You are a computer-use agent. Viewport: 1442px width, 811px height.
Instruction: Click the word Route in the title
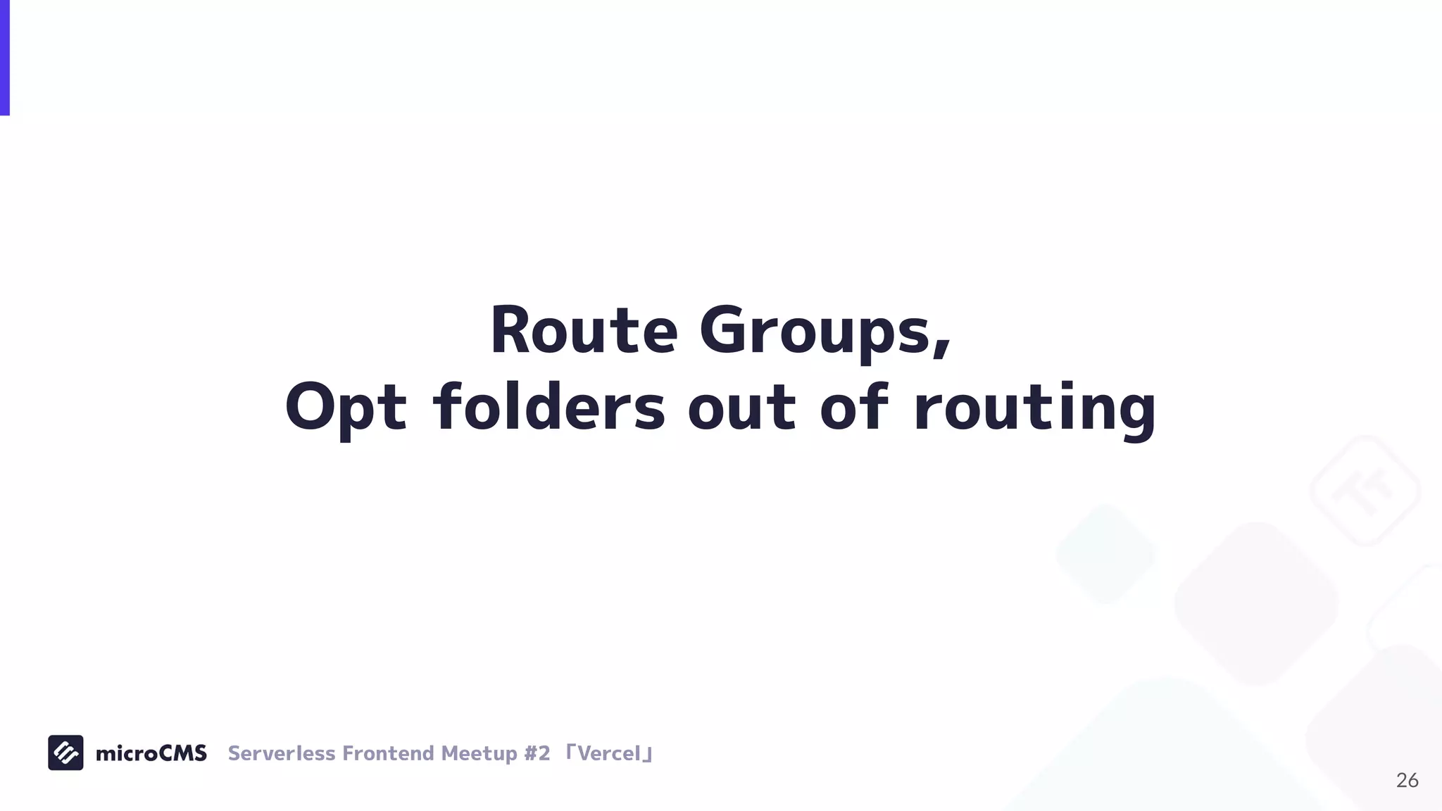pos(583,330)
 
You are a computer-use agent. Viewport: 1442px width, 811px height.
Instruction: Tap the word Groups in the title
pos(817,332)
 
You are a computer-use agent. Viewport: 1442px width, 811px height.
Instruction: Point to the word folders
pos(548,407)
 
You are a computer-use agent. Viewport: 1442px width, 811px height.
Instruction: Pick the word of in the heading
pos(854,406)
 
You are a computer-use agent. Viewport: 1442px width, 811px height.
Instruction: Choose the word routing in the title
pos(1034,409)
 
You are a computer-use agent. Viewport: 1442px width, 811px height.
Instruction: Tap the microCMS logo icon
pos(65,753)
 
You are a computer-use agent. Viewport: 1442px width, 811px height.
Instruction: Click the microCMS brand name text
pos(151,753)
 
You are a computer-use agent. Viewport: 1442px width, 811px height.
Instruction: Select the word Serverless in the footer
pos(281,753)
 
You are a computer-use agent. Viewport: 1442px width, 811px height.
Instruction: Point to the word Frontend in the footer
pos(388,753)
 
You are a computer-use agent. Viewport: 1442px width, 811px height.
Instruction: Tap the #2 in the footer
pos(537,753)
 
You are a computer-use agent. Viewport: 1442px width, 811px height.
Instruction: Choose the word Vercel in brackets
pos(609,753)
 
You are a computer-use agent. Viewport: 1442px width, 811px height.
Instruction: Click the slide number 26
pos(1407,780)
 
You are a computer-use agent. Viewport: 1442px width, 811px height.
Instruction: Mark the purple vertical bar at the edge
pos(4,57)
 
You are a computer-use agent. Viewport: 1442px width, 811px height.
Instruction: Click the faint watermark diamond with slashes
pos(1365,491)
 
